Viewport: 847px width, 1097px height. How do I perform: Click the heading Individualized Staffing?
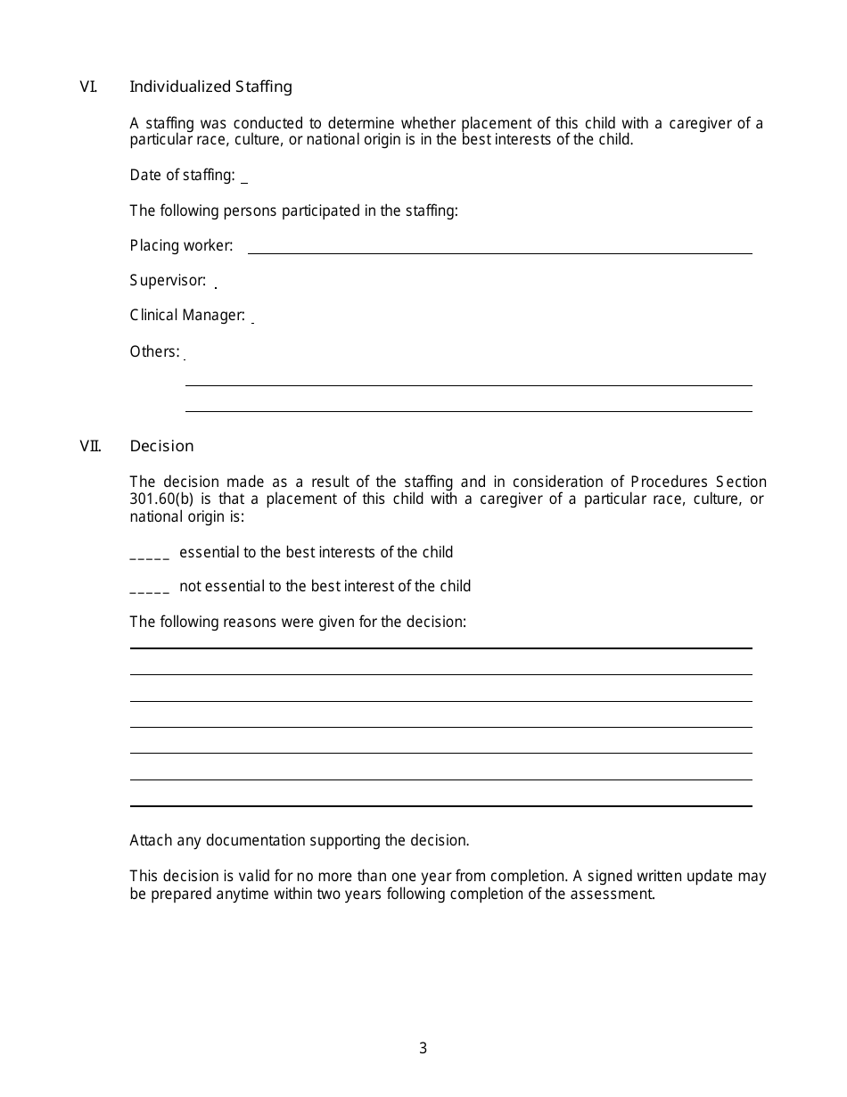210,87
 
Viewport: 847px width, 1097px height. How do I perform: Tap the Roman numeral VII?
89,446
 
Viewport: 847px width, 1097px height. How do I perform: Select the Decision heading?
161,446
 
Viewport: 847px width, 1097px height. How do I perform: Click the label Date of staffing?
182,175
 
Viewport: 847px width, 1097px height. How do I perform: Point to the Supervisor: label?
168,281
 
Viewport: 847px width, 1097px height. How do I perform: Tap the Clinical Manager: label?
187,316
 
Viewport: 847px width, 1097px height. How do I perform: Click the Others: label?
154,351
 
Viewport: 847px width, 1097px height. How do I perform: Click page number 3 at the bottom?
423,1049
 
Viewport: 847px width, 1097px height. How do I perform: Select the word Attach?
151,840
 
